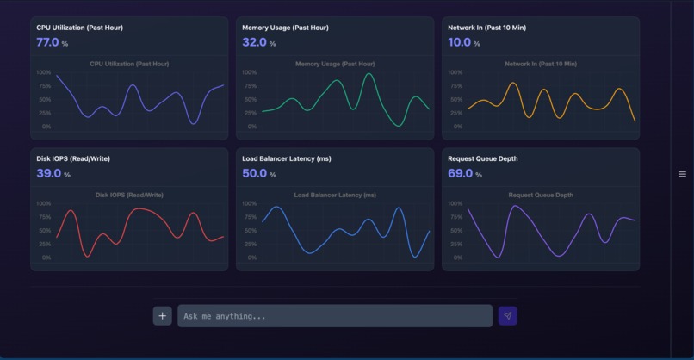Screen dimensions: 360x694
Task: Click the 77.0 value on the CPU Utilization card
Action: click(x=47, y=42)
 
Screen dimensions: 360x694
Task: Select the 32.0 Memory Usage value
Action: click(x=254, y=42)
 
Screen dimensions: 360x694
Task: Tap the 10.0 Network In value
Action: click(x=459, y=42)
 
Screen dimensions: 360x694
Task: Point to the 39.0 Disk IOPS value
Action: click(x=48, y=173)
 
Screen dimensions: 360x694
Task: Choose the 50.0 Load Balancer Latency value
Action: click(x=254, y=173)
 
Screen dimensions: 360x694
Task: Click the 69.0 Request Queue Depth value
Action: click(x=461, y=173)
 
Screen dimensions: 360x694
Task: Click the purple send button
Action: click(x=507, y=316)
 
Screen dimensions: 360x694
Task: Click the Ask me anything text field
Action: click(x=335, y=316)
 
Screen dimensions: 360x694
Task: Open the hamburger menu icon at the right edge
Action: click(x=683, y=174)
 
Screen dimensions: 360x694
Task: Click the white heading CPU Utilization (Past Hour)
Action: click(x=79, y=28)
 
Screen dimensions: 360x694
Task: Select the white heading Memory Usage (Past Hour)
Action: click(x=285, y=28)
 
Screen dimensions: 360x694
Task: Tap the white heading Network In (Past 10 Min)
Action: click(x=486, y=28)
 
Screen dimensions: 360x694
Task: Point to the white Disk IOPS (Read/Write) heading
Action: click(x=73, y=158)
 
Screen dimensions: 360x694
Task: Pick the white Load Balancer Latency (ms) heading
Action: click(x=287, y=158)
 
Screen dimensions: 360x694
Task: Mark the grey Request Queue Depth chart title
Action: click(x=541, y=195)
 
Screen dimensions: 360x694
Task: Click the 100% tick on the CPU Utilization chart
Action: click(x=44, y=72)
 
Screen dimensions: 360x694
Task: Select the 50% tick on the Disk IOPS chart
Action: click(x=45, y=231)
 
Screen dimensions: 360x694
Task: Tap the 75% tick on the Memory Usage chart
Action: click(x=251, y=86)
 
